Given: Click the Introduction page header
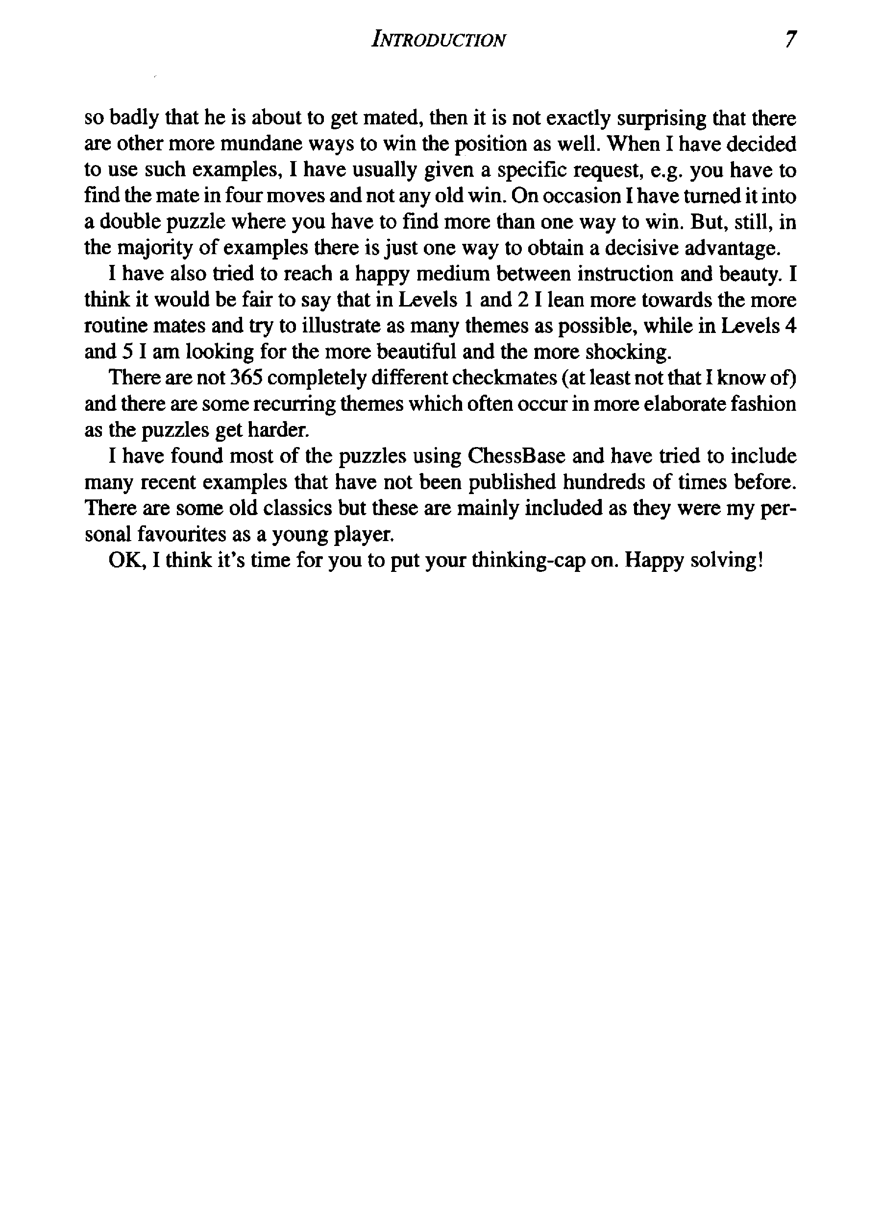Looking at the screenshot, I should tap(438, 40).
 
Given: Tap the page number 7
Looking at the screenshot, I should tap(790, 40).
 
